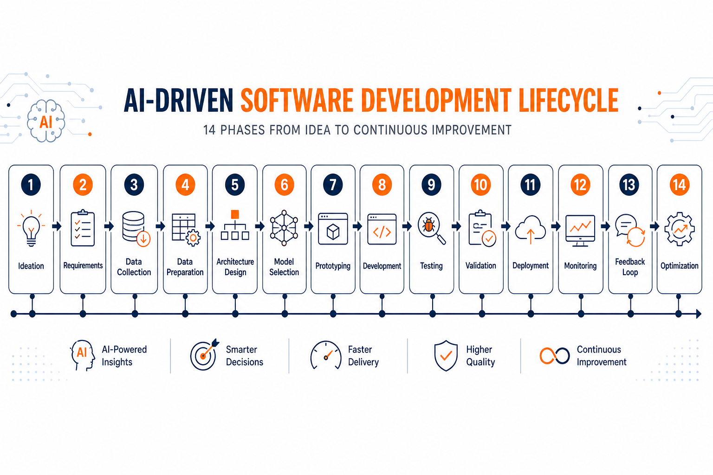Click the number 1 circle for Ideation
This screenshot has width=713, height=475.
[x=31, y=185]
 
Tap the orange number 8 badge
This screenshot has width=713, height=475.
[x=382, y=185]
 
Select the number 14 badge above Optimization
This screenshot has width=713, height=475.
[x=679, y=185]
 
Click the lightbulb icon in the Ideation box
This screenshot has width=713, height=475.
[x=31, y=228]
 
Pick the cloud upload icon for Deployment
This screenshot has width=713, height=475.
[x=530, y=230]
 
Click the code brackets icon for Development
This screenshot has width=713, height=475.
[x=382, y=229]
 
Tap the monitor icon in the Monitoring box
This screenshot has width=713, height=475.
[x=580, y=231]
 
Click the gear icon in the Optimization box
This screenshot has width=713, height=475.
[x=679, y=229]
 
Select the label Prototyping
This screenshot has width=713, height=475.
[x=333, y=266]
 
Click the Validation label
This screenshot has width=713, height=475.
[x=480, y=266]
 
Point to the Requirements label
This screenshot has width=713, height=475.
[x=83, y=265]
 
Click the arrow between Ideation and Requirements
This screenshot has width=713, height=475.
[x=57, y=226]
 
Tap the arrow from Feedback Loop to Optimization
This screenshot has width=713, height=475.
[x=655, y=226]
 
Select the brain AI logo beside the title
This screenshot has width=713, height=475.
[x=46, y=121]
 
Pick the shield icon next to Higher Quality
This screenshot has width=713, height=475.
[x=446, y=355]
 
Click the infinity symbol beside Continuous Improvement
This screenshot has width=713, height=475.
[x=555, y=356]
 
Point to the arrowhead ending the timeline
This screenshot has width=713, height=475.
[x=699, y=314]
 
